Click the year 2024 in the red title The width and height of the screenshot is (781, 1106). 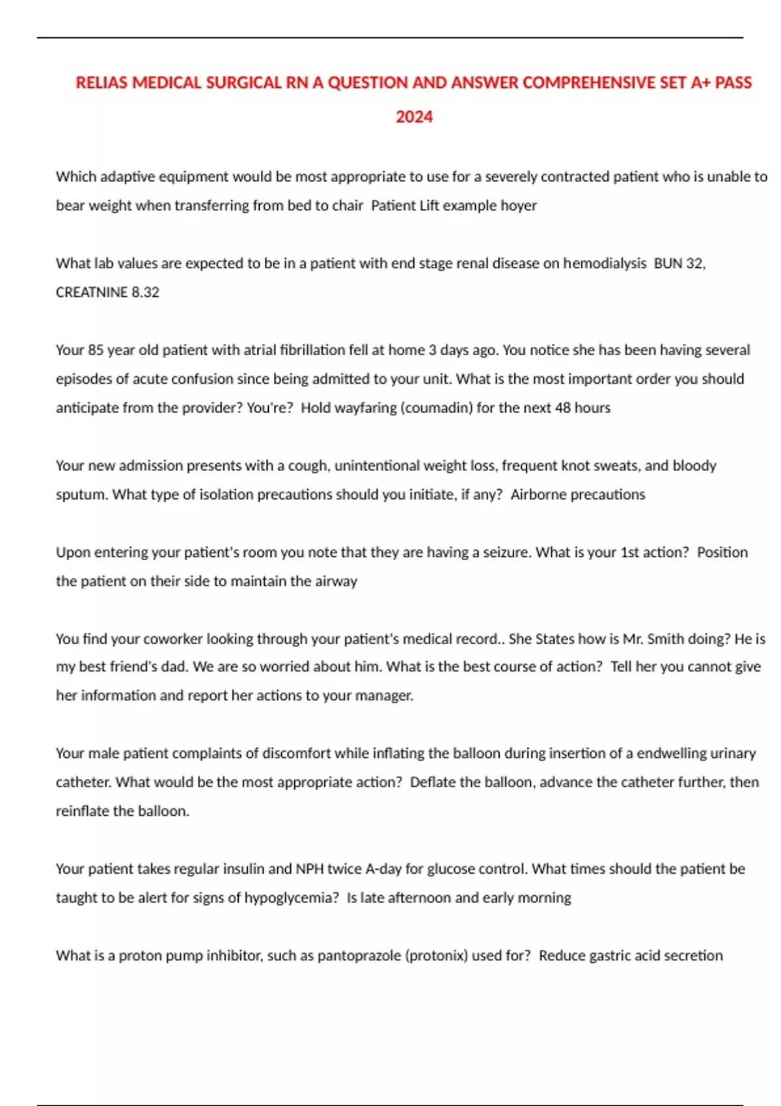pos(414,117)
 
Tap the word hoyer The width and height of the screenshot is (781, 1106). pos(519,206)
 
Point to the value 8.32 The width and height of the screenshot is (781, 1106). pos(145,292)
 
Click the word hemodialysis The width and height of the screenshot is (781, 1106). pos(605,263)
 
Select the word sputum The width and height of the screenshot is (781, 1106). pos(81,494)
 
